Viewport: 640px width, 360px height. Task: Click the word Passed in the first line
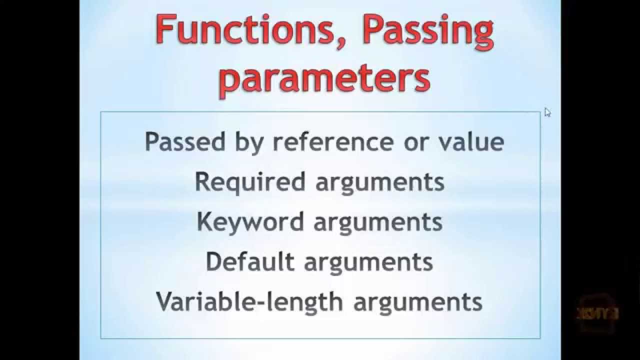coord(185,141)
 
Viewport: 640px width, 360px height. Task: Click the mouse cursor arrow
coord(547,112)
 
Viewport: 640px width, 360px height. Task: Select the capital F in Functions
coord(165,30)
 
